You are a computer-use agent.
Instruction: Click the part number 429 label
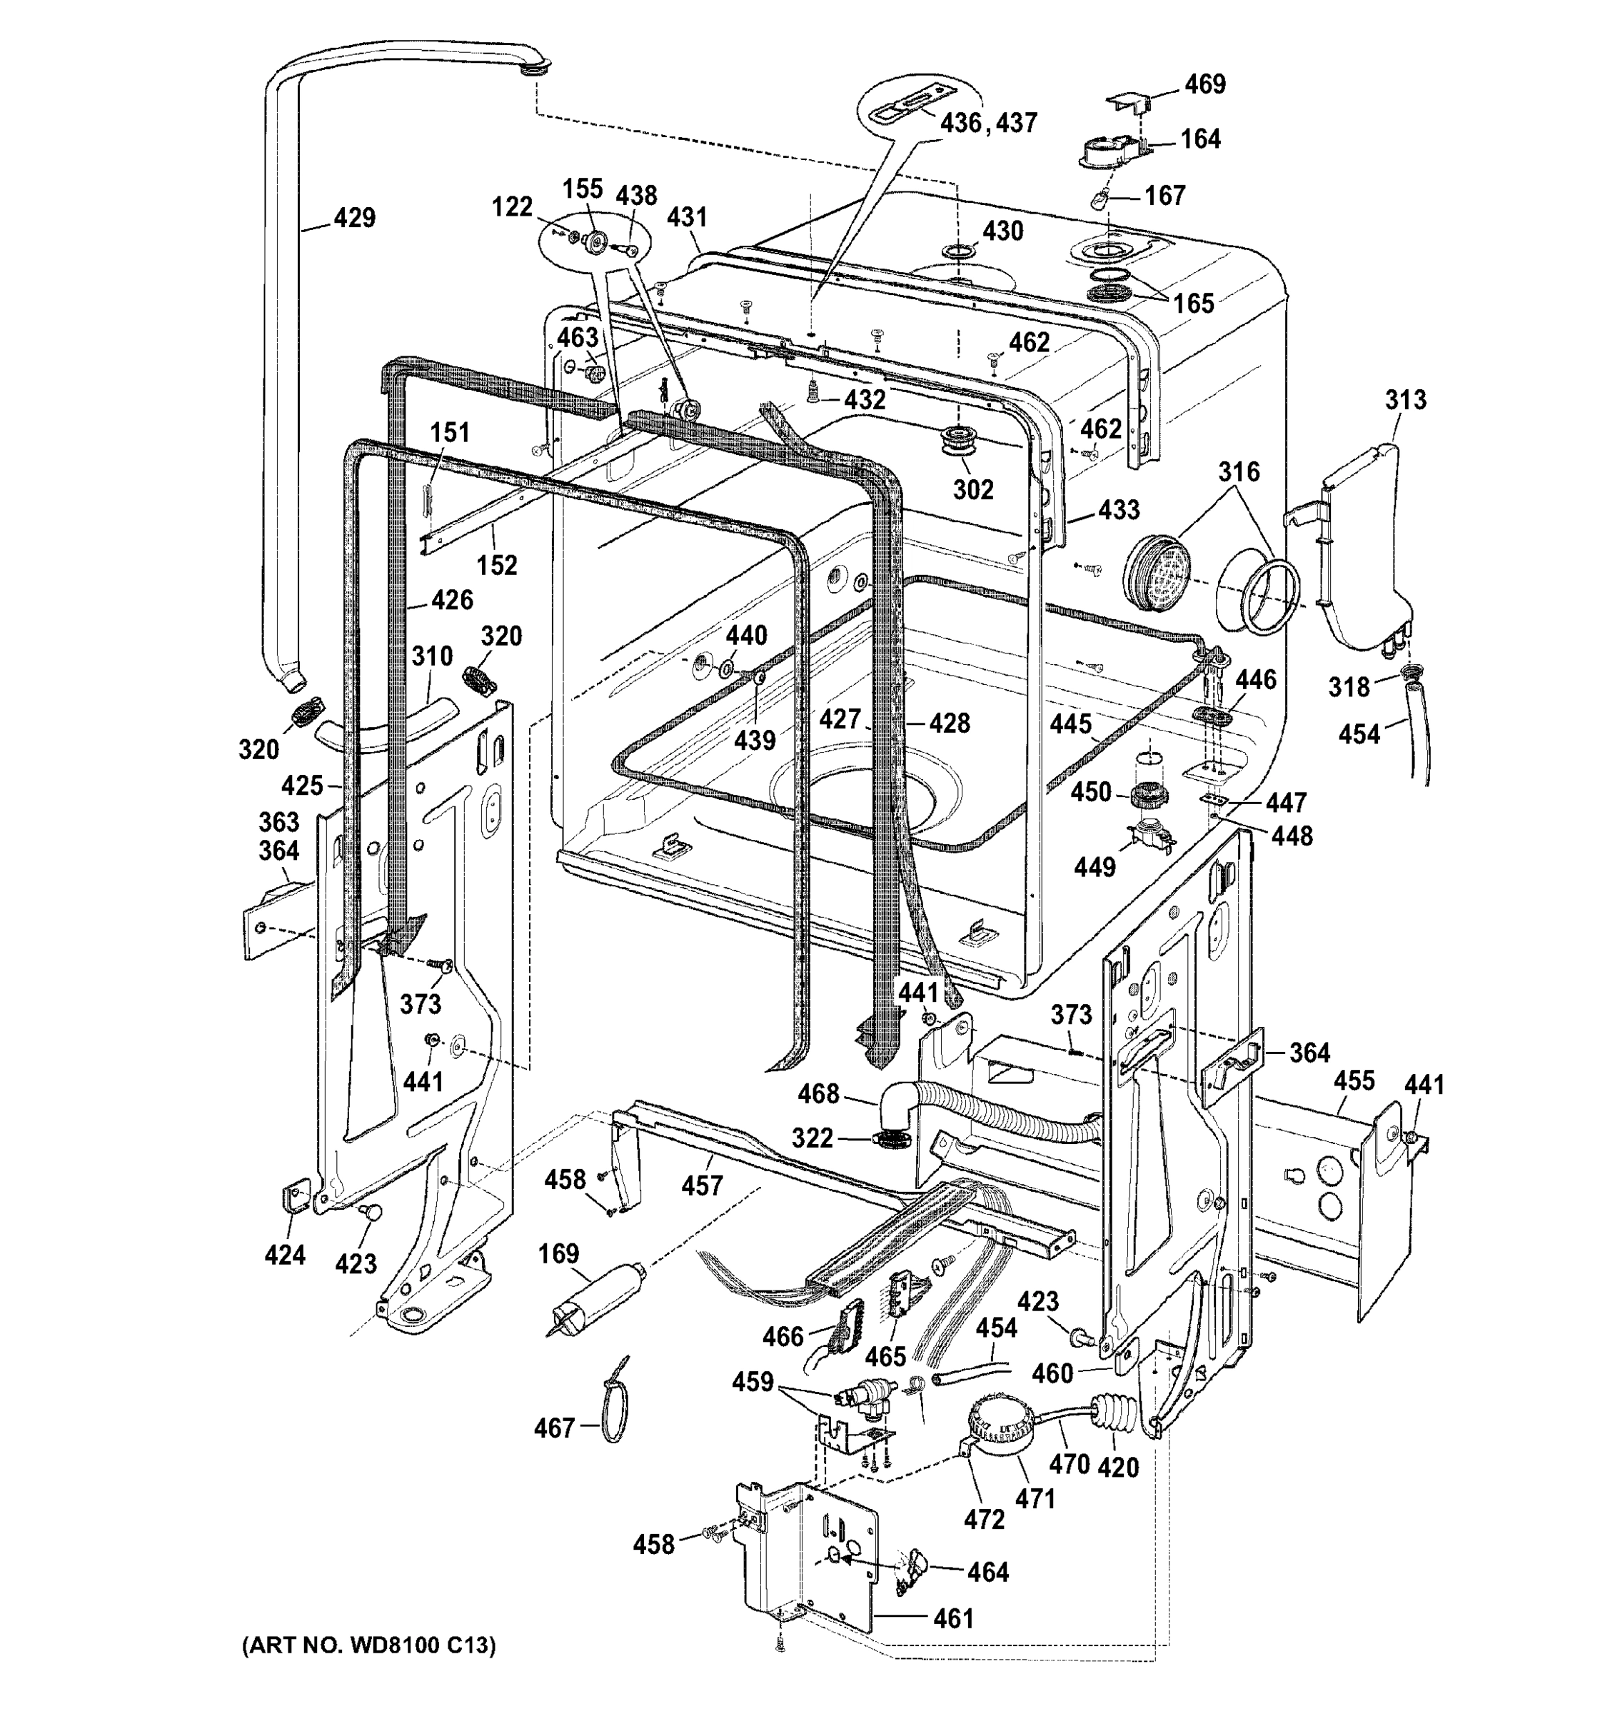coord(354,217)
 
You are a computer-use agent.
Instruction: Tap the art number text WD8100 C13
coord(370,1645)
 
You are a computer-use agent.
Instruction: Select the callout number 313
coord(1406,400)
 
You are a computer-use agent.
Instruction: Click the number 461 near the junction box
coord(953,1618)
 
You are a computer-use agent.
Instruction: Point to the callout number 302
coord(973,489)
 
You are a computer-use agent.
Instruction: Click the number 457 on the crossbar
coord(702,1186)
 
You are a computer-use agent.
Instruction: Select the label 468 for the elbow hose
coord(818,1093)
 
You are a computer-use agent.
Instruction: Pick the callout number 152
coord(498,565)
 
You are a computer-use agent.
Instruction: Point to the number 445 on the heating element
coord(1070,723)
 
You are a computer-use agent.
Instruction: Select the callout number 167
coord(1164,196)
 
